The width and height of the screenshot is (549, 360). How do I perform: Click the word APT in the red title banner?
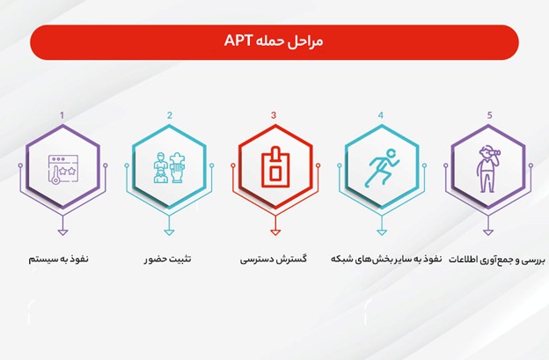pyautogui.click(x=238, y=40)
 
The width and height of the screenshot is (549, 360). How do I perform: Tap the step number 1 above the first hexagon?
pyautogui.click(x=62, y=115)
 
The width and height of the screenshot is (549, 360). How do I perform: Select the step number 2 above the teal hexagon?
pyautogui.click(x=170, y=115)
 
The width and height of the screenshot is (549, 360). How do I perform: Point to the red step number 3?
pyautogui.click(x=274, y=115)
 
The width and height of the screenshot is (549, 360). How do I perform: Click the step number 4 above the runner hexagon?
pyautogui.click(x=381, y=115)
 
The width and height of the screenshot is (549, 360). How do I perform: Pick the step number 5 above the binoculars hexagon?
pyautogui.click(x=489, y=115)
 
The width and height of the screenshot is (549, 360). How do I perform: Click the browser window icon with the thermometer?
pyautogui.click(x=63, y=170)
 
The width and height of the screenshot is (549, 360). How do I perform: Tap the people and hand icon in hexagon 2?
pyautogui.click(x=169, y=167)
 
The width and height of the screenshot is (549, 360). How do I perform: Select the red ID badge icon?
pyautogui.click(x=275, y=166)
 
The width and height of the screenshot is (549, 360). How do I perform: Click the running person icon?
pyautogui.click(x=382, y=168)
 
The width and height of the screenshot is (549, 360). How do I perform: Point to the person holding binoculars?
pyautogui.click(x=487, y=169)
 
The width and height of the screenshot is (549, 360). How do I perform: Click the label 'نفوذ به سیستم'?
pyautogui.click(x=58, y=260)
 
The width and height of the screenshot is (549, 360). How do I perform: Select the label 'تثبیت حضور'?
pyautogui.click(x=168, y=260)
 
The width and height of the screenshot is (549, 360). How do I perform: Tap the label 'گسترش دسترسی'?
pyautogui.click(x=274, y=260)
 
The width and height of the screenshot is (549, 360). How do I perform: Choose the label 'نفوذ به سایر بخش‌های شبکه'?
pyautogui.click(x=386, y=260)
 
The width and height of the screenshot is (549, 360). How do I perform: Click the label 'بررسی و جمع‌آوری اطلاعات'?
pyautogui.click(x=497, y=260)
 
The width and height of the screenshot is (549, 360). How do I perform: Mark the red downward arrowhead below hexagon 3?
pyautogui.click(x=275, y=232)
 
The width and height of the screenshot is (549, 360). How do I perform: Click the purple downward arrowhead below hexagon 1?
pyautogui.click(x=62, y=232)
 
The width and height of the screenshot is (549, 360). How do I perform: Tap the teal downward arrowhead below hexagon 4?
pyautogui.click(x=382, y=232)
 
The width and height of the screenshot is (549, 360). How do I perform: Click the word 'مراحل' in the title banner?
pyautogui.click(x=305, y=41)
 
